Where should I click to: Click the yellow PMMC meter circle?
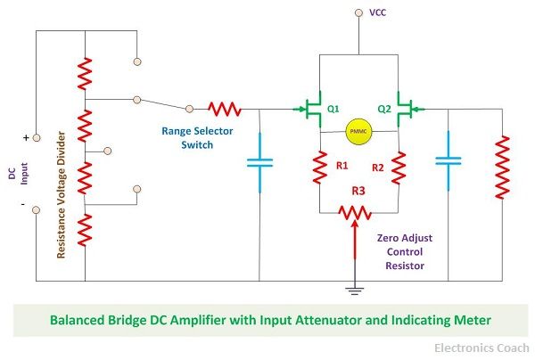[358, 131]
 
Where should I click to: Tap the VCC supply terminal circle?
[358, 12]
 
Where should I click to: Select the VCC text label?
[378, 12]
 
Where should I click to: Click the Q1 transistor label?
[333, 109]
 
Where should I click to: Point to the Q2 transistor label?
[384, 109]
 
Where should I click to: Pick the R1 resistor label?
[342, 166]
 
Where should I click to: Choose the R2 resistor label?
[378, 168]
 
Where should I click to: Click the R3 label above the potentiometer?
[358, 191]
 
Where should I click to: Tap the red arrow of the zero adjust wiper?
[355, 240]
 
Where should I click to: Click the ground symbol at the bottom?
[355, 290]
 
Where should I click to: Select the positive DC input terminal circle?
[37, 138]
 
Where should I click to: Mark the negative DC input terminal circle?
[37, 210]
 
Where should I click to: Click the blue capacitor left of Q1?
[259, 162]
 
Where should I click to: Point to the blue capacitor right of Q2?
[449, 161]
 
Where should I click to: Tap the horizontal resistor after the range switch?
[225, 109]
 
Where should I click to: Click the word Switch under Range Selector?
[197, 145]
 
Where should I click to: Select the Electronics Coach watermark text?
[481, 348]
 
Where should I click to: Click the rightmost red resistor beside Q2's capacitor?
[502, 167]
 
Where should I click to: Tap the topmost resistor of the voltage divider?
[85, 74]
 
